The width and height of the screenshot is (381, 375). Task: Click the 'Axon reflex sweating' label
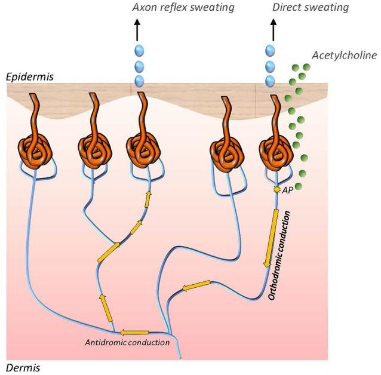tap(183, 7)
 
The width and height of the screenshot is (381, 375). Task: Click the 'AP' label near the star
tap(287, 189)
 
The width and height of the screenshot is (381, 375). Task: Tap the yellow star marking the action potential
tap(276, 189)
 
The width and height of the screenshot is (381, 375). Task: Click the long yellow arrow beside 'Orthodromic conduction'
tap(272, 237)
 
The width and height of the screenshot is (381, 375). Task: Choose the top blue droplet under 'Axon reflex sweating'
tap(139, 50)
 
